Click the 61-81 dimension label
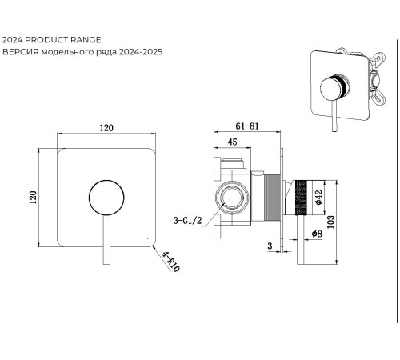(x=247, y=126)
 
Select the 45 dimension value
(x=232, y=142)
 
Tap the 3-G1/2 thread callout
(x=187, y=221)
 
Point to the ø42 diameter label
(x=318, y=197)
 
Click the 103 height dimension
(x=330, y=222)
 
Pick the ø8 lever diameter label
(x=317, y=234)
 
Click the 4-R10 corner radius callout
(x=171, y=262)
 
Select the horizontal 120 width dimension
(x=106, y=128)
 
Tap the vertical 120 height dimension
(x=33, y=198)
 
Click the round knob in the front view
(x=106, y=198)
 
